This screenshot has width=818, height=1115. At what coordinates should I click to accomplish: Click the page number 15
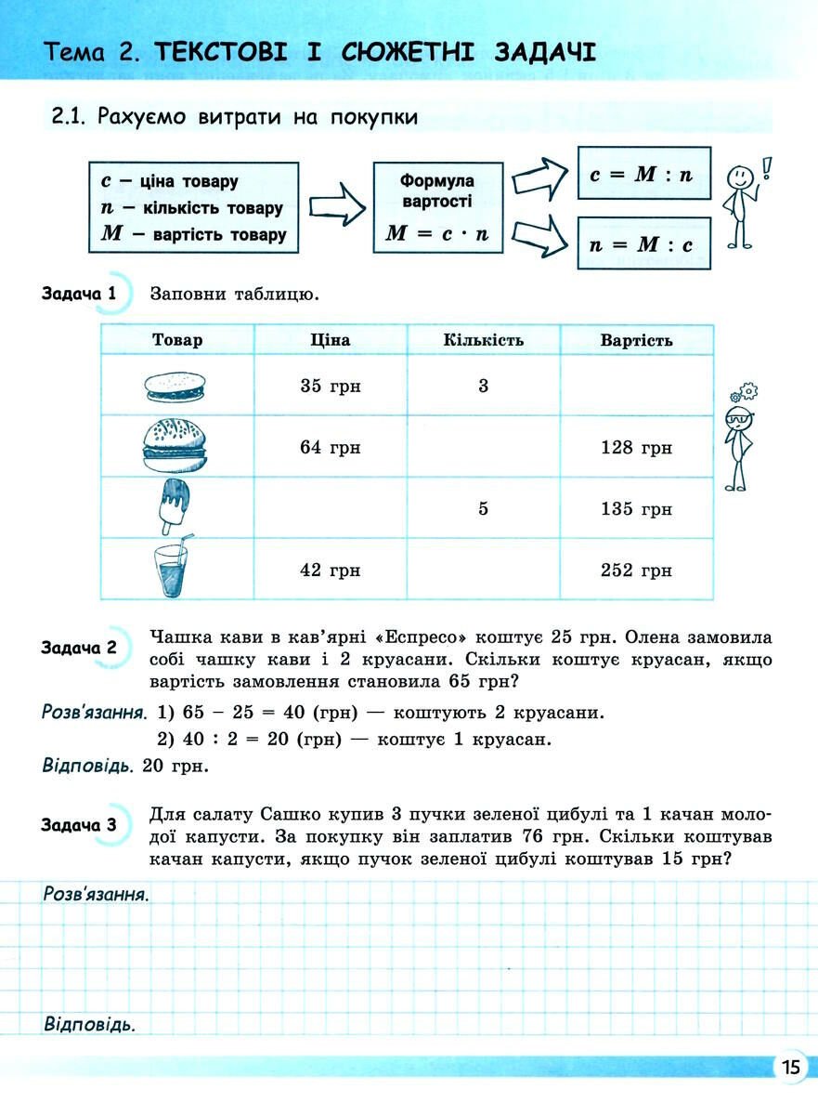pos(790,1067)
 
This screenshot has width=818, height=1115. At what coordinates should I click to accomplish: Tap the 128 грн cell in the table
pos(636,448)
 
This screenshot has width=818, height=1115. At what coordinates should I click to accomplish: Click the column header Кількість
pos(483,340)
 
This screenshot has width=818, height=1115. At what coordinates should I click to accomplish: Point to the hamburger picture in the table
pos(176,446)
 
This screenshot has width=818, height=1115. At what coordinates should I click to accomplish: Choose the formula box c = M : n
pos(643,174)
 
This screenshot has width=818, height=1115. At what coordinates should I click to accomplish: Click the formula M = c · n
pos(437,234)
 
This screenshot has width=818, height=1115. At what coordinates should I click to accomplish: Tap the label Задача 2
pos(79,648)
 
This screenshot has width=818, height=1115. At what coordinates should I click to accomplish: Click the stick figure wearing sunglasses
pos(740,441)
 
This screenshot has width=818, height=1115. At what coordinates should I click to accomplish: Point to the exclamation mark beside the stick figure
pos(767,167)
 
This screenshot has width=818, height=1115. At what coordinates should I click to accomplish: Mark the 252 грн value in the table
pos(636,570)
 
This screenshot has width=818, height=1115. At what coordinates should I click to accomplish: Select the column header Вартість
pos(636,340)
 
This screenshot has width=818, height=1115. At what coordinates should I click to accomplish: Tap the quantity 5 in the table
pos(483,508)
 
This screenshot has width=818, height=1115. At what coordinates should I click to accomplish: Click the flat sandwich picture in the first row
pos(176,387)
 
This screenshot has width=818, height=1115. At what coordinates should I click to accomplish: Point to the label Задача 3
pos(79,824)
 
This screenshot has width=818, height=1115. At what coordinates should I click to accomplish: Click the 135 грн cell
pos(636,508)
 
